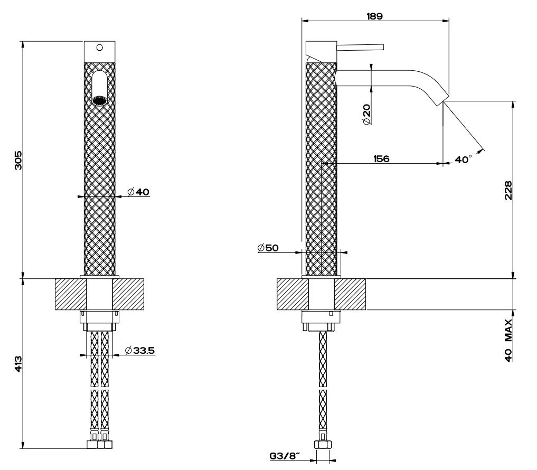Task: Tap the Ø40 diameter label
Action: (x=138, y=192)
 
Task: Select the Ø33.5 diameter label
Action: (x=140, y=351)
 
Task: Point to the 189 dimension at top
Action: (x=374, y=16)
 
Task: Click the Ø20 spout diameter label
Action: (x=366, y=115)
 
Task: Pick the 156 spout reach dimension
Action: (x=381, y=158)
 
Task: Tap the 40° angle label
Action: (x=464, y=159)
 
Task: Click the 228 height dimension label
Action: (x=508, y=191)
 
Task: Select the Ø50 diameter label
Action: (x=268, y=248)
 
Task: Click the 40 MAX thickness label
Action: (x=508, y=340)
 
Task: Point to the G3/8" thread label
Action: (x=285, y=456)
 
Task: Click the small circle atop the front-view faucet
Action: (x=99, y=48)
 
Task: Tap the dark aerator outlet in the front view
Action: (x=99, y=100)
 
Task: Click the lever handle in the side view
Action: (x=360, y=48)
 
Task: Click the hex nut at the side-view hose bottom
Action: (x=323, y=445)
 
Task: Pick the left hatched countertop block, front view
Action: (x=71, y=294)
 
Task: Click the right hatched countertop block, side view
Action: (x=350, y=294)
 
